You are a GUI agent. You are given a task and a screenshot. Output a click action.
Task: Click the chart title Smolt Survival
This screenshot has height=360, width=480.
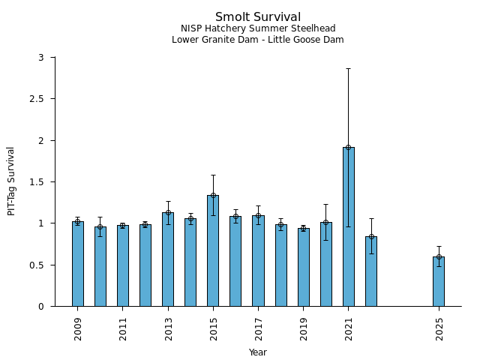tap(258, 17)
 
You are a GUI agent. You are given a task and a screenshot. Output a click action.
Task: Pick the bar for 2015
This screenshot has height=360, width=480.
tap(213, 250)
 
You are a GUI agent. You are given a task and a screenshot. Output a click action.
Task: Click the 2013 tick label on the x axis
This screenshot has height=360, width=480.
tap(168, 328)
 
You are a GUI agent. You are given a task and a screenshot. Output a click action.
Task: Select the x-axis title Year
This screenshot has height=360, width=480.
tap(258, 352)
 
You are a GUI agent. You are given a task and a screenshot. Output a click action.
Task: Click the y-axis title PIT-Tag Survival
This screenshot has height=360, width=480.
tap(11, 181)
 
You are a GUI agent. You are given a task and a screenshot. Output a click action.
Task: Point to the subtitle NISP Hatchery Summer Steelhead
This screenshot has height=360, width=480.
tap(258, 29)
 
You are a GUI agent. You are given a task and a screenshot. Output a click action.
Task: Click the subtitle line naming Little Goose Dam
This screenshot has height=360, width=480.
tap(258, 40)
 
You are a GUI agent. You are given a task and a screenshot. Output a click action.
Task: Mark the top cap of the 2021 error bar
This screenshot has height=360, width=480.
tap(349, 68)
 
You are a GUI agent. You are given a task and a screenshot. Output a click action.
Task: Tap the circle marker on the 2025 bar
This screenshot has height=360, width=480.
tap(439, 256)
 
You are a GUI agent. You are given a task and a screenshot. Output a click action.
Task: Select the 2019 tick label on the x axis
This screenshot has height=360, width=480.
tap(304, 328)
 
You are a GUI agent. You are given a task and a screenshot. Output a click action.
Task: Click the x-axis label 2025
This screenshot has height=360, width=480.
tap(439, 328)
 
